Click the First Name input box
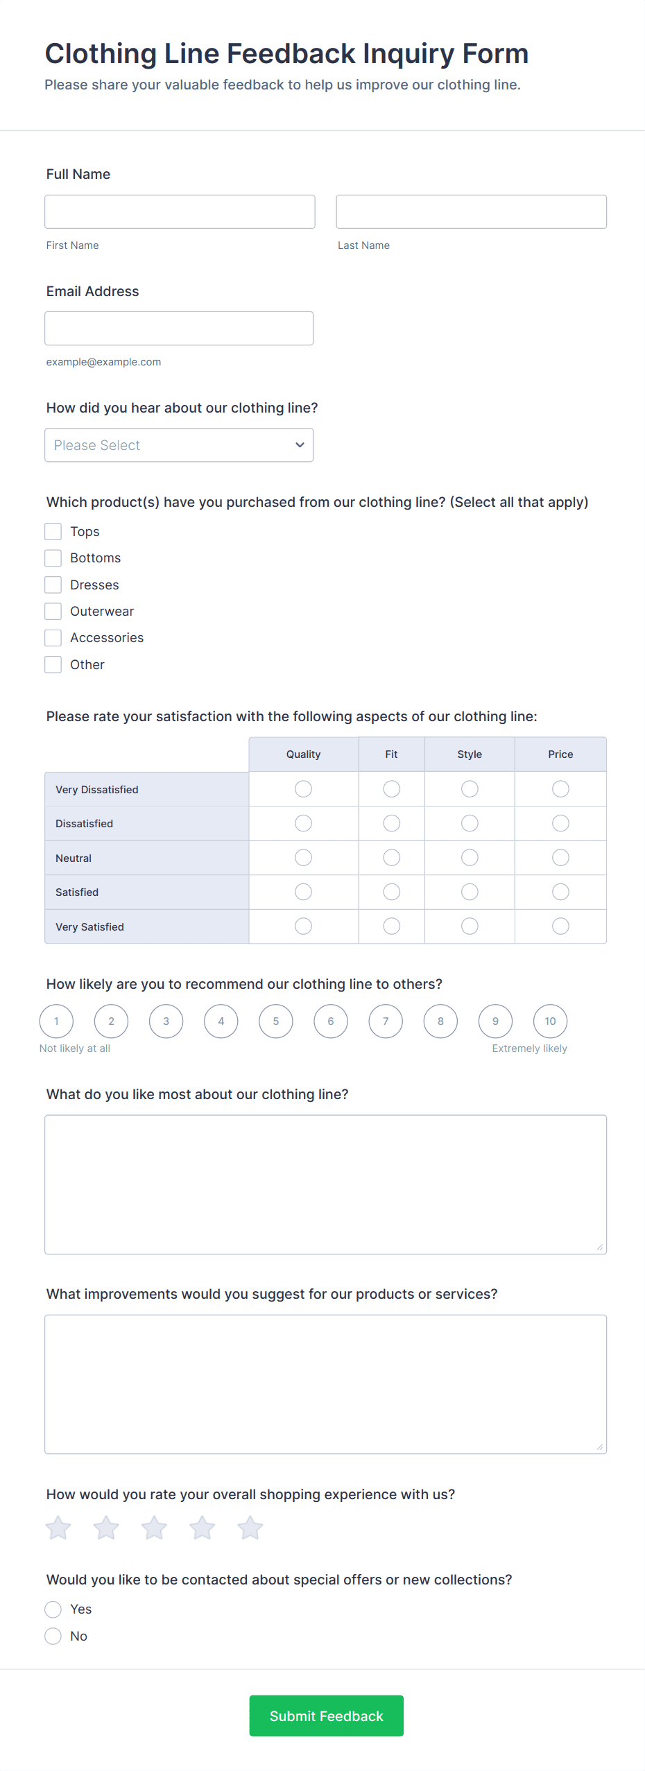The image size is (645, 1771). pos(180,211)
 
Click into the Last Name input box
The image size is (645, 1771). pos(471,211)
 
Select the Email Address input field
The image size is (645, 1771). pos(179,328)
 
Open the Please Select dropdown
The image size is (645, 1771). pos(179,445)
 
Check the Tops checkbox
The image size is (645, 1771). pos(53,532)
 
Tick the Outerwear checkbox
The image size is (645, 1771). pos(53,612)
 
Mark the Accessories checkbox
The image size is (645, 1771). pos(53,638)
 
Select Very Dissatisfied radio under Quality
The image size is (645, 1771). pos(303,789)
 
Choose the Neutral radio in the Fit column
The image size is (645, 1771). pos(392,858)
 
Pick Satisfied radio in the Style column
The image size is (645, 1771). pos(470,892)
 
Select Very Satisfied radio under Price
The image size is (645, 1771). pos(560,926)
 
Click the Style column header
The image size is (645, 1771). pos(470,754)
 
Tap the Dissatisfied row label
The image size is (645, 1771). pos(85,824)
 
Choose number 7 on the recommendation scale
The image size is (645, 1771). pos(386,1021)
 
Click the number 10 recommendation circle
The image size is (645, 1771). pos(550,1021)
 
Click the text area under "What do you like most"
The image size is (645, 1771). pos(325,1184)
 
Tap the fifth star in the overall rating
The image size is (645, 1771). pos(250,1528)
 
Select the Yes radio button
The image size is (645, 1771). pos(53,1609)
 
